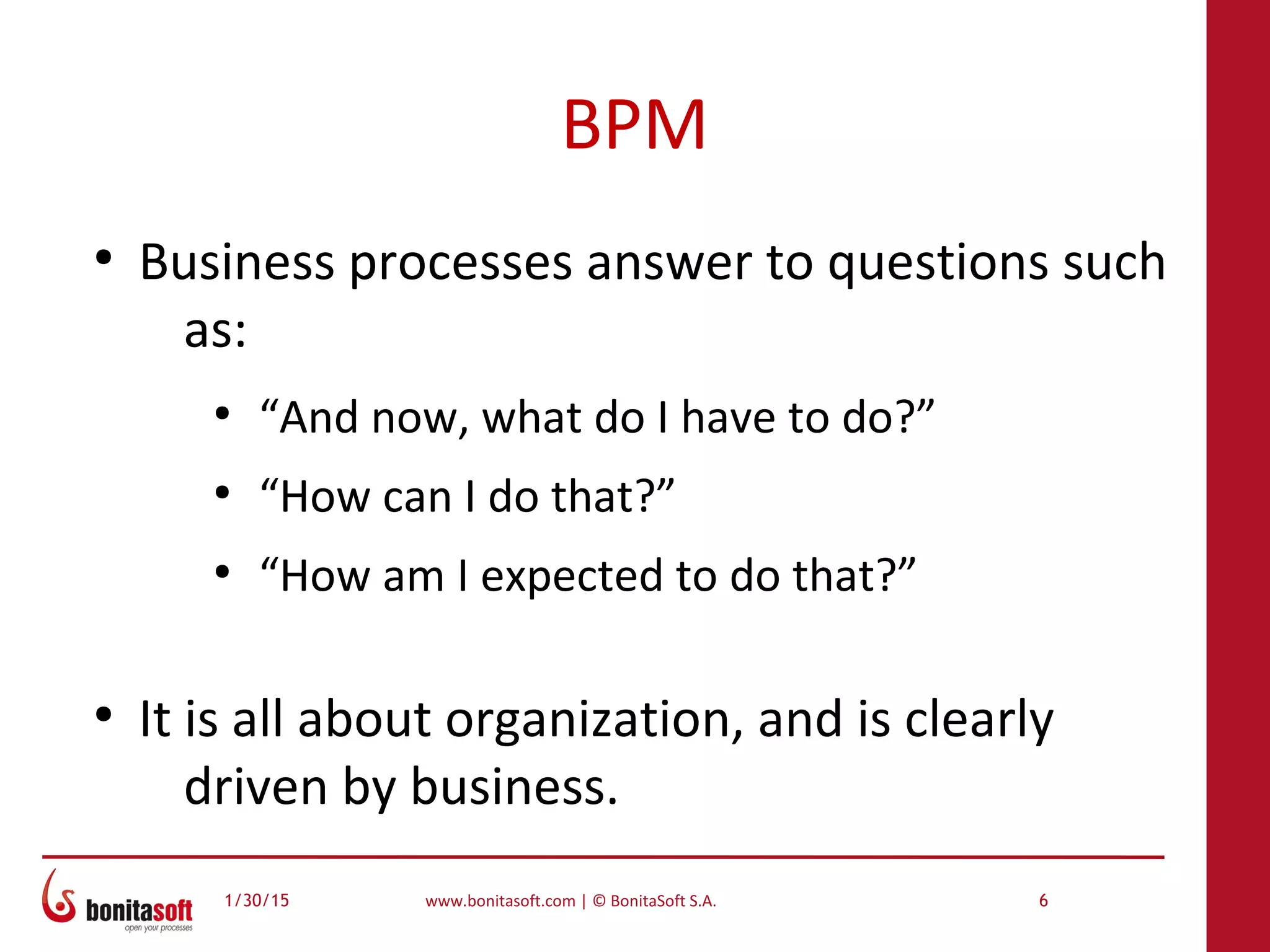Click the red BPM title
click(634, 125)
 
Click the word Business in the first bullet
click(237, 262)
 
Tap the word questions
click(938, 263)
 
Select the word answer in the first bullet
click(668, 263)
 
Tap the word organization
click(593, 720)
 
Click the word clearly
click(979, 720)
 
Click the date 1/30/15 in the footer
click(257, 901)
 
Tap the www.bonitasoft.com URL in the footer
click(500, 901)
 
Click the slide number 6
click(1043, 901)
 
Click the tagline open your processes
click(158, 928)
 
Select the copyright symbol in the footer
click(599, 901)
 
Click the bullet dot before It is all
click(104, 715)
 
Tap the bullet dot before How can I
click(222, 493)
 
